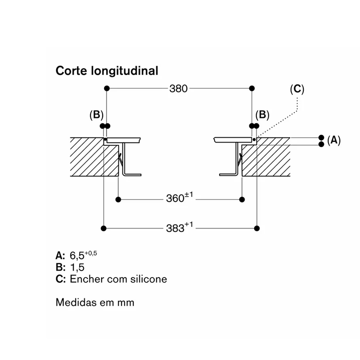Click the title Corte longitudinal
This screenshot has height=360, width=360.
pos(107,71)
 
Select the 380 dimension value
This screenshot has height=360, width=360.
pos(178,88)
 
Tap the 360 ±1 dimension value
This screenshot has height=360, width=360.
pos(180,198)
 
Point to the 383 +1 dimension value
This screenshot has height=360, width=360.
pos(180,227)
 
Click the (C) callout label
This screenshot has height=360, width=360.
pos(297,89)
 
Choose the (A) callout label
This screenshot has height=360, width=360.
pos(334,140)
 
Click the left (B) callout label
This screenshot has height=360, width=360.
pos(96,115)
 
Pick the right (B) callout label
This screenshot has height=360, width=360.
pos(262,115)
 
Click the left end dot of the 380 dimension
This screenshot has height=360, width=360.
pos(107,88)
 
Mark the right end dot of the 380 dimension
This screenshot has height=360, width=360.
pos(252,88)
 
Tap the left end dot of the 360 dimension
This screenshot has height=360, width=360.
pos(118,199)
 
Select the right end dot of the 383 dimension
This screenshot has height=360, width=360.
pos(257,228)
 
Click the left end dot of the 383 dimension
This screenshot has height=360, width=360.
pos(103,228)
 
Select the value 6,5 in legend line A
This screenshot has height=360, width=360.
pos(77,256)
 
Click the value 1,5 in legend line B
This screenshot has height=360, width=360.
pos(77,267)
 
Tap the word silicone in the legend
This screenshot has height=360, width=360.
pos(148,279)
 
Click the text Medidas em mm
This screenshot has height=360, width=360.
pos(95,302)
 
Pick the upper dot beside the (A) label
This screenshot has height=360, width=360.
pos(321,138)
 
